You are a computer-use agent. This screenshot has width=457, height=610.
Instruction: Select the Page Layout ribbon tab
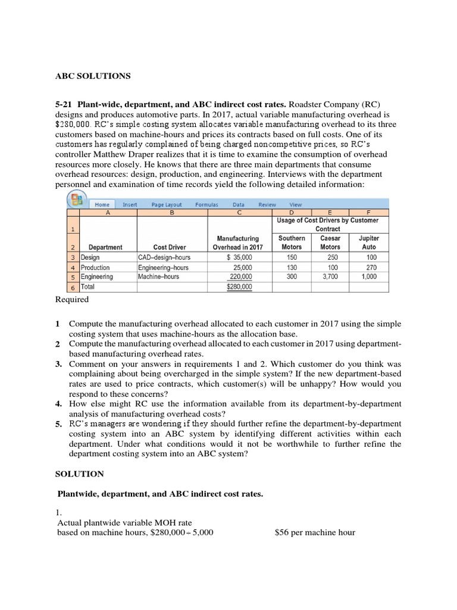tap(166, 204)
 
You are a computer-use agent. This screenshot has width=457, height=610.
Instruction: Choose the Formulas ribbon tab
tap(206, 204)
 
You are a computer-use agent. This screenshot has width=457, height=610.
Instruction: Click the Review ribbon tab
tap(267, 204)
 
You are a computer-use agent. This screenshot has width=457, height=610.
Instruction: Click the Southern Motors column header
tap(292, 242)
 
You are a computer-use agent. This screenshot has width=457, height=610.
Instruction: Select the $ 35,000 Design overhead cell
tap(239, 257)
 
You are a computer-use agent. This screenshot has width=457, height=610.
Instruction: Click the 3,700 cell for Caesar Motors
tap(330, 277)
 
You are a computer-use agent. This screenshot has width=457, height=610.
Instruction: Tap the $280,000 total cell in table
tap(239, 287)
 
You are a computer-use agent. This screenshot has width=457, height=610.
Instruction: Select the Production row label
tap(95, 267)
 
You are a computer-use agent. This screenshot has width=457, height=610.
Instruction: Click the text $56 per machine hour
tap(315, 533)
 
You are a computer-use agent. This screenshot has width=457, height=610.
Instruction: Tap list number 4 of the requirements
tap(58, 404)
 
